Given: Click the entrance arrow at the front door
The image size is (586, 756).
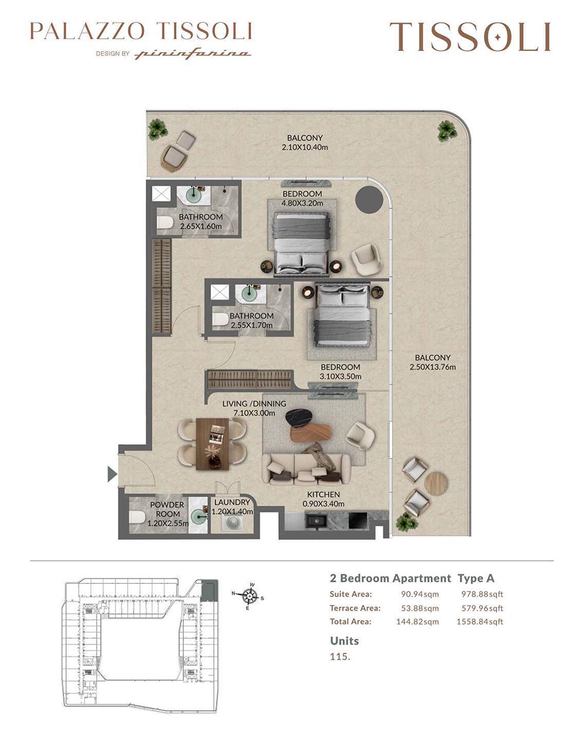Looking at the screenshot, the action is click(x=112, y=474).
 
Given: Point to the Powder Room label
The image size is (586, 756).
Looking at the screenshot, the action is click(x=167, y=509).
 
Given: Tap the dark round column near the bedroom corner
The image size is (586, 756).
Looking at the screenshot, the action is click(x=369, y=199).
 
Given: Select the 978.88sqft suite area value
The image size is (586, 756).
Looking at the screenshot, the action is click(x=482, y=594).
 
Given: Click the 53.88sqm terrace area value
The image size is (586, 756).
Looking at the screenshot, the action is click(x=420, y=608).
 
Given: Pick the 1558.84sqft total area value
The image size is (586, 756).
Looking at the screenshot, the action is click(x=480, y=621).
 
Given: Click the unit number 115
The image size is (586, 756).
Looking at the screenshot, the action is click(x=340, y=656).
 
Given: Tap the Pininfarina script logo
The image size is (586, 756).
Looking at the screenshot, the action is click(x=192, y=54).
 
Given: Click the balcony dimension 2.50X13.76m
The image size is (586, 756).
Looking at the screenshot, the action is click(x=432, y=367).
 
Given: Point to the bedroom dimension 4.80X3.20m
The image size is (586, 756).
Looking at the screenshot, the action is click(x=302, y=203).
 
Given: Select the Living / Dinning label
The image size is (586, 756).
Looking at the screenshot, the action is click(x=254, y=404).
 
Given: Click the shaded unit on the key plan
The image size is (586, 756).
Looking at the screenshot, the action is click(x=209, y=590).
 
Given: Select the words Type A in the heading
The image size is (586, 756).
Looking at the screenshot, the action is click(x=475, y=578).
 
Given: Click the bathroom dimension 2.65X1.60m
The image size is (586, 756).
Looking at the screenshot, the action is click(x=200, y=226).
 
